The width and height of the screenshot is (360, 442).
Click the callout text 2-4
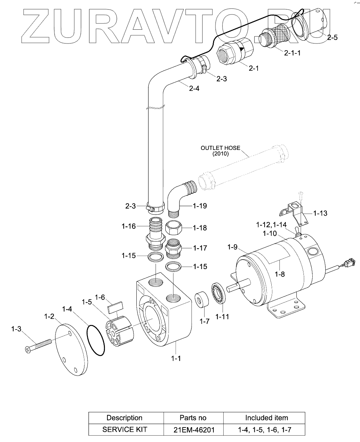click(194, 88)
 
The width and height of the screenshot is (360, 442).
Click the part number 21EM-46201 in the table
click(194, 430)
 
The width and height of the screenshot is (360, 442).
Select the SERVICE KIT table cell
click(124, 430)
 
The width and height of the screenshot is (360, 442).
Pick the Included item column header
click(267, 418)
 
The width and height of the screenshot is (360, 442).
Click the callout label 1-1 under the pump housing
click(176, 358)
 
